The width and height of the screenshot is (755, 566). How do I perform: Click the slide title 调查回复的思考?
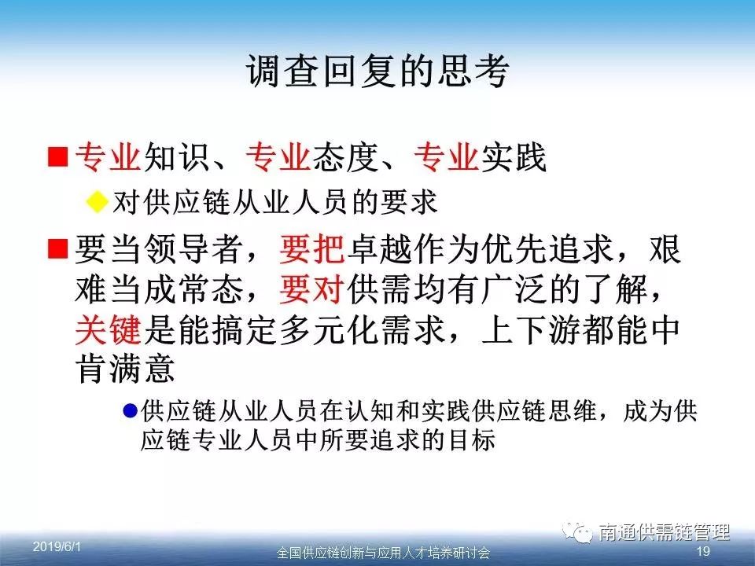(x=378, y=72)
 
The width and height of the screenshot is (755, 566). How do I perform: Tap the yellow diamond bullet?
(x=97, y=201)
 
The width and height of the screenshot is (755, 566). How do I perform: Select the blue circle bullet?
(x=130, y=410)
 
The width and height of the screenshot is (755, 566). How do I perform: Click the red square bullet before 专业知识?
(x=57, y=156)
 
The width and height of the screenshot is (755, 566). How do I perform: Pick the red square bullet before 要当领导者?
(x=57, y=248)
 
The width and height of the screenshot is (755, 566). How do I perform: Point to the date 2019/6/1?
(x=57, y=547)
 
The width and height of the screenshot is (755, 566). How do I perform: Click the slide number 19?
(x=703, y=551)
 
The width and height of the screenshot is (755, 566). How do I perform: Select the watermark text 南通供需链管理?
(x=665, y=532)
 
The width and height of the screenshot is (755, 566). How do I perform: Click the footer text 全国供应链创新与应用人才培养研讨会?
(x=383, y=553)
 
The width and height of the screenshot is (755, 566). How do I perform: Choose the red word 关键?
(x=109, y=331)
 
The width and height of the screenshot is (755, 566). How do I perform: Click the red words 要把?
(x=312, y=249)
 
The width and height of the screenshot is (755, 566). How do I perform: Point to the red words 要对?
(x=312, y=290)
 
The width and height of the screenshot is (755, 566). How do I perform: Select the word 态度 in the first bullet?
(x=345, y=157)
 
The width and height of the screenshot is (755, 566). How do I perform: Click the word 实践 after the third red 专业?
(x=514, y=157)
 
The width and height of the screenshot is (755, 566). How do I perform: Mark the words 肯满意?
(x=125, y=369)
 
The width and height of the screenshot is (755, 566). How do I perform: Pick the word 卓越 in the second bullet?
(x=380, y=249)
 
